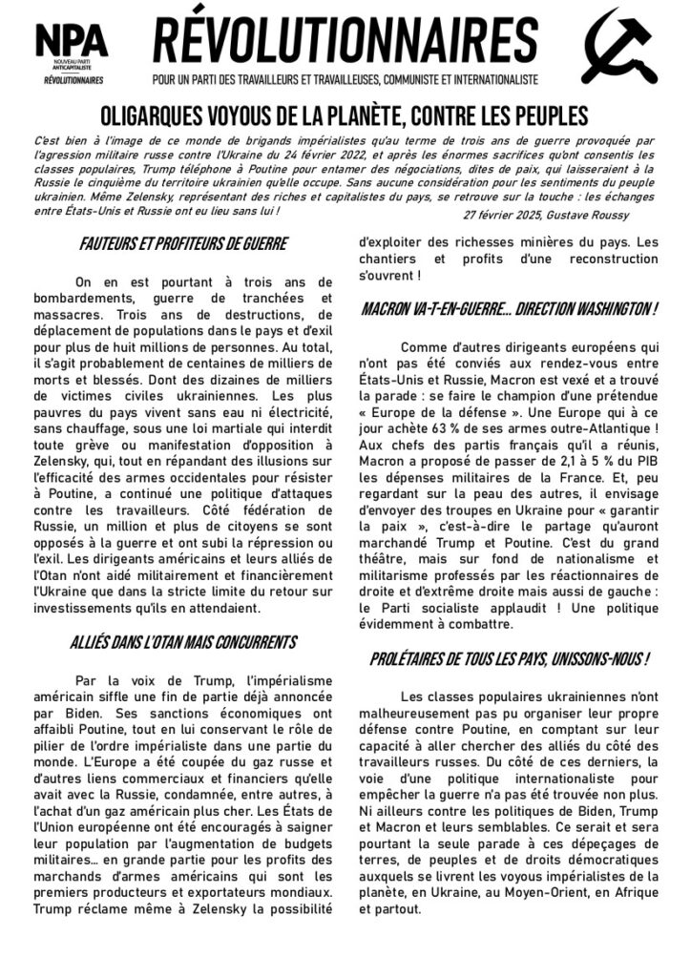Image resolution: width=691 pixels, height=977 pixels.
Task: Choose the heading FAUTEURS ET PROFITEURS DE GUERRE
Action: [182, 243]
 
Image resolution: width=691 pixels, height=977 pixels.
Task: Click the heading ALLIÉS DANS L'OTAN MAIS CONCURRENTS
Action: [183, 641]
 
